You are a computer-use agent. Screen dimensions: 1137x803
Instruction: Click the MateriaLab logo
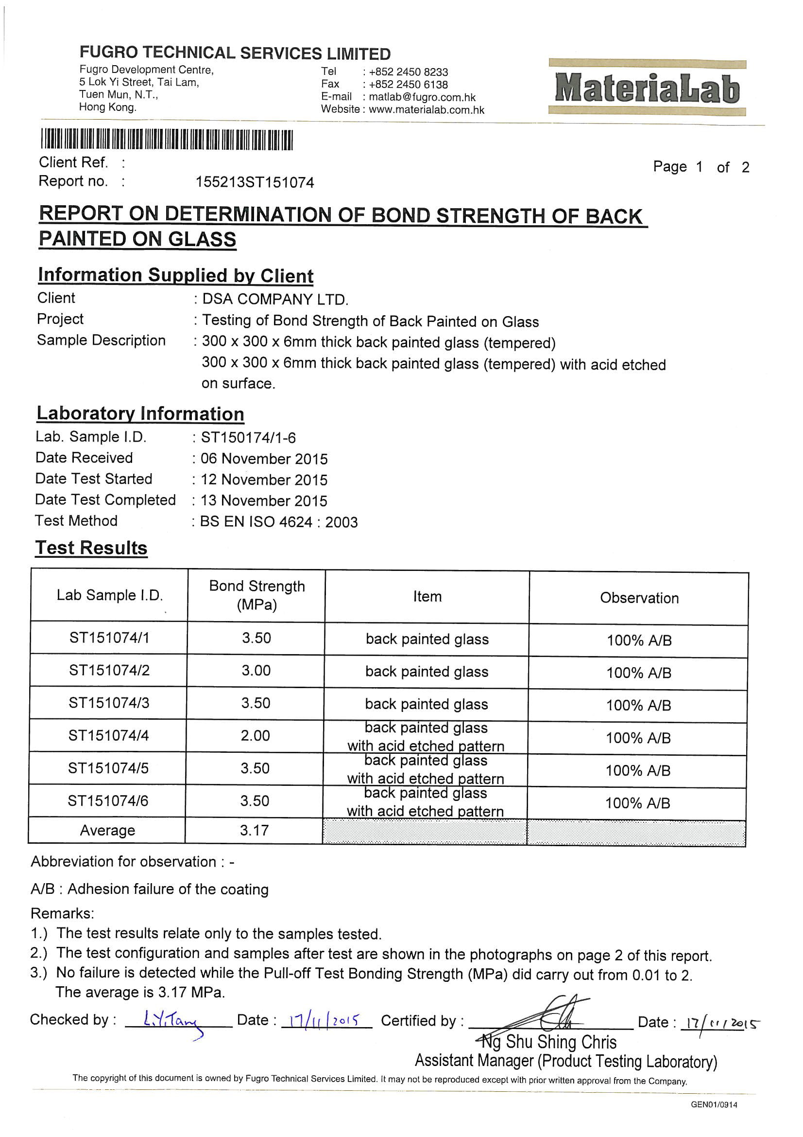pyautogui.click(x=647, y=88)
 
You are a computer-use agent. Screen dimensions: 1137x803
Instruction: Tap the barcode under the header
pyautogui.click(x=167, y=140)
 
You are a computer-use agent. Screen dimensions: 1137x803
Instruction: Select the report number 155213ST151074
pyautogui.click(x=255, y=183)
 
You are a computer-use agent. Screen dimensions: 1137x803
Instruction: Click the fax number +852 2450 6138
pyautogui.click(x=408, y=85)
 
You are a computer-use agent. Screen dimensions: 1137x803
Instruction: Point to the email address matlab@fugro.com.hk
pyautogui.click(x=422, y=98)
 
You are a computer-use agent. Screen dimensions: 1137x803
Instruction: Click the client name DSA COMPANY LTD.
pyautogui.click(x=275, y=300)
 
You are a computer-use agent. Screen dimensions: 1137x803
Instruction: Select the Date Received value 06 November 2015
pyautogui.click(x=264, y=459)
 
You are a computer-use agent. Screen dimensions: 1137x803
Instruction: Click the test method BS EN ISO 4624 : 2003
pyautogui.click(x=278, y=522)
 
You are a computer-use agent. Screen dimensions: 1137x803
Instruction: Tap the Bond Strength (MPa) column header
pyautogui.click(x=257, y=595)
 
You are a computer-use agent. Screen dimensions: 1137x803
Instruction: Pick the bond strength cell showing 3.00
pyautogui.click(x=256, y=671)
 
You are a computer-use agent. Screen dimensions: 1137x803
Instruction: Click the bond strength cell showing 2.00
pyautogui.click(x=256, y=735)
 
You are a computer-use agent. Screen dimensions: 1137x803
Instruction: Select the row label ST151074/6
pyautogui.click(x=108, y=801)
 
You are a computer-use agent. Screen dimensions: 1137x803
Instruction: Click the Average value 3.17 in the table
pyautogui.click(x=255, y=831)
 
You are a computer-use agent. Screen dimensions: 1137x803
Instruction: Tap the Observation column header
pyautogui.click(x=639, y=598)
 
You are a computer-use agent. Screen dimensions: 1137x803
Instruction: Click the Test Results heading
pyautogui.click(x=91, y=548)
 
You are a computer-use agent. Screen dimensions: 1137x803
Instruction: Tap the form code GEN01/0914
pyautogui.click(x=714, y=1105)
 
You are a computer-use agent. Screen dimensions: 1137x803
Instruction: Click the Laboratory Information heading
pyautogui.click(x=140, y=414)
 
